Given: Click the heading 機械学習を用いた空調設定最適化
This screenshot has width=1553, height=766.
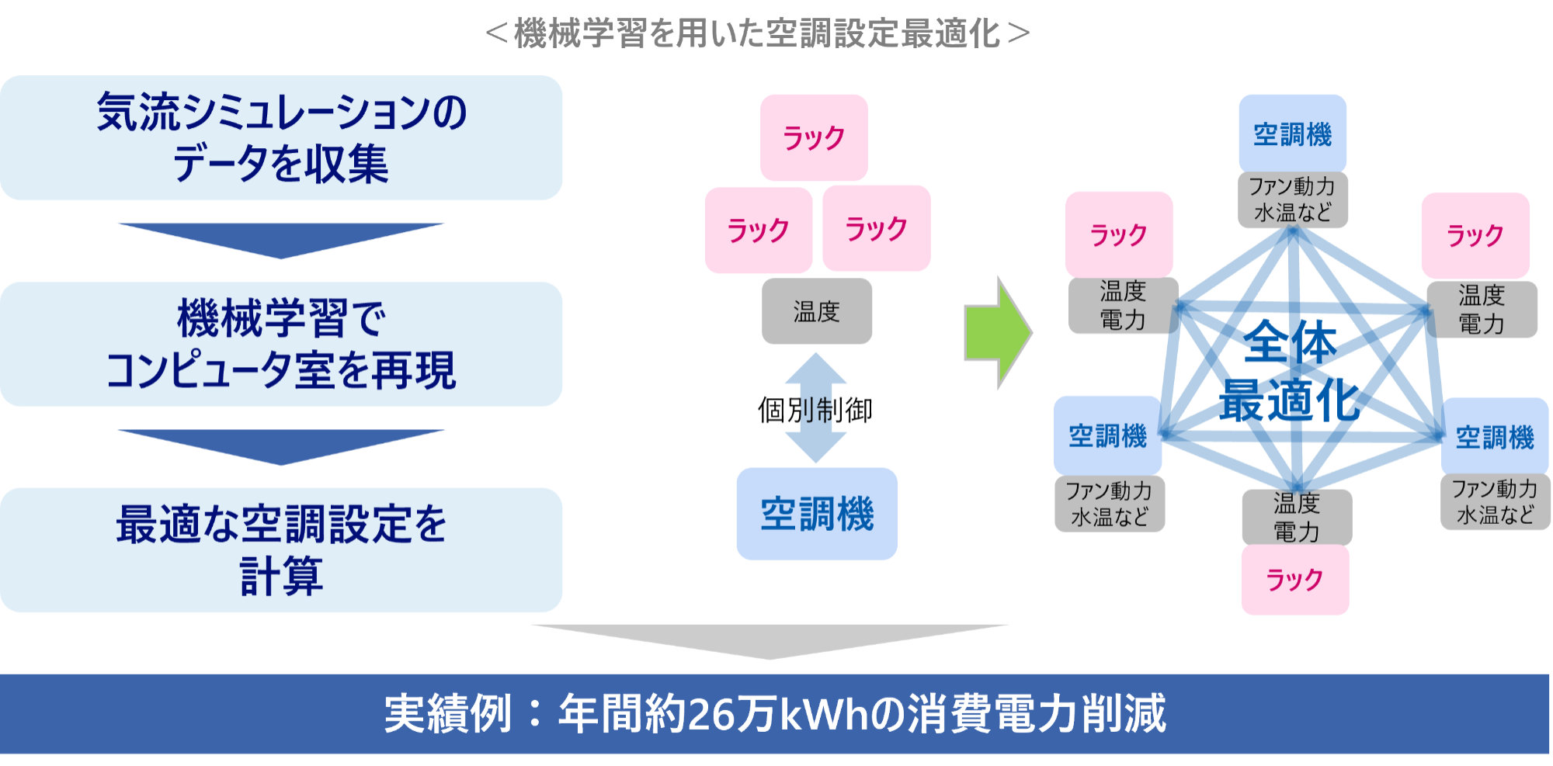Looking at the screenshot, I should pos(757,33).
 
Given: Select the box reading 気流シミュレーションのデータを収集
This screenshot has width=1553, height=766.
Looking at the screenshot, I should pos(280,137).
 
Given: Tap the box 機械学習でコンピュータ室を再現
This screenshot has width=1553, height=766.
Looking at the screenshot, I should pos(280,344).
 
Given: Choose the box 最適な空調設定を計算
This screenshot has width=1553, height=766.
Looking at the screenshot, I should pos(280,549).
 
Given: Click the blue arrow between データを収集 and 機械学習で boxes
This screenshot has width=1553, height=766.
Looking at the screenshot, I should pos(280,239).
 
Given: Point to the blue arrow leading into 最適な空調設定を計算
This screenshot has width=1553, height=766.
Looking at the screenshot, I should pos(280,445).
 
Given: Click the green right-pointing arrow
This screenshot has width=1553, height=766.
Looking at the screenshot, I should pos(1000,332).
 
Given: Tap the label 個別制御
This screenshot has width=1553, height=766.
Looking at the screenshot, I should pos(815,410).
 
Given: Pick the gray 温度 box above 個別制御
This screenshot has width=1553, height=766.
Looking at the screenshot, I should pos(816,311).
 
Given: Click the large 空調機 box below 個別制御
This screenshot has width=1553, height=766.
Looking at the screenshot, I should pos(817,514).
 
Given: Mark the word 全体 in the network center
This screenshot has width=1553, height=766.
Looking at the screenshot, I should pos(1290,342).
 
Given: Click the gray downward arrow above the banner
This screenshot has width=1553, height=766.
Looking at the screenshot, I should pos(770,640).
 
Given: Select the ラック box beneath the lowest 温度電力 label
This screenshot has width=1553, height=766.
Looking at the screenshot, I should pos(1294,580).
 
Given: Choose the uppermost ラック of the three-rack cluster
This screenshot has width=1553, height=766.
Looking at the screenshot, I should pos(814,138).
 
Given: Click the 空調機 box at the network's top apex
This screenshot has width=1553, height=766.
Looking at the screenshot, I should pos(1292,134).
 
